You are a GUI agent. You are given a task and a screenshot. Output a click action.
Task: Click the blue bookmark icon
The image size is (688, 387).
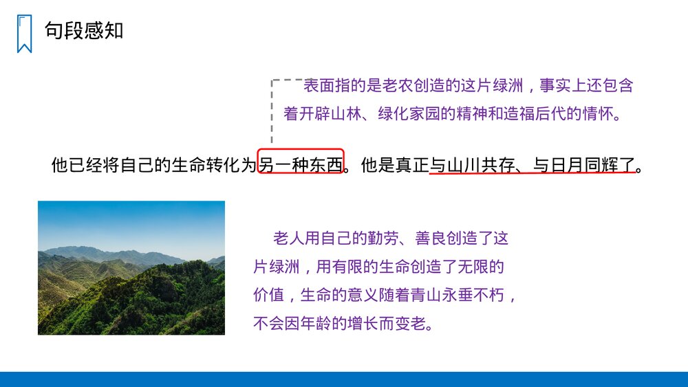(24, 34)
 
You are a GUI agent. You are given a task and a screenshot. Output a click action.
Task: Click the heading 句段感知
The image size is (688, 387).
(84, 30)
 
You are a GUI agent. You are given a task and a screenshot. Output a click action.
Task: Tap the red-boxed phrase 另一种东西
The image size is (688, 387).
(301, 166)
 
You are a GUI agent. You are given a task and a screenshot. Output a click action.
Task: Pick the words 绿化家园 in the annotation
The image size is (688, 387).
(409, 113)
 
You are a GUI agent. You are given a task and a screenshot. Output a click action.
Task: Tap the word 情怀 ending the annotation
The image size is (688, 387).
(601, 113)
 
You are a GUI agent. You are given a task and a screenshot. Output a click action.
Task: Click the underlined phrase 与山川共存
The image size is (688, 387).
(473, 166)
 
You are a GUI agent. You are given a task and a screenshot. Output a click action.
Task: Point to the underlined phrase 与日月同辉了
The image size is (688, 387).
(584, 166)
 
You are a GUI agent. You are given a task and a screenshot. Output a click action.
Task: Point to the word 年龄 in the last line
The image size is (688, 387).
(332, 323)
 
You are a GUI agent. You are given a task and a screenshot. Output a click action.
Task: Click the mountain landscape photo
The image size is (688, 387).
(131, 267)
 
